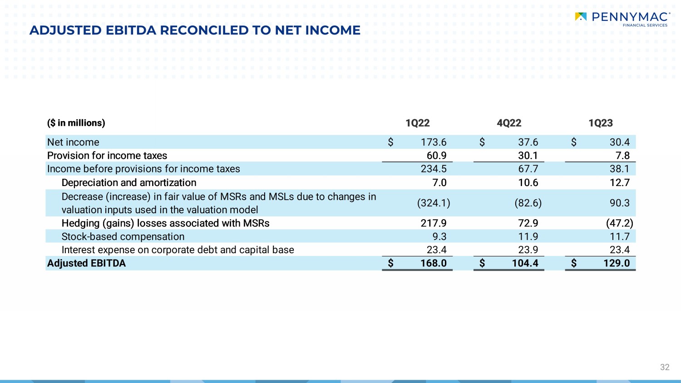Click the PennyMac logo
[622, 19]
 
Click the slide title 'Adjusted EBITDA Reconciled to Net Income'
[195, 30]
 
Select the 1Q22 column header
[417, 123]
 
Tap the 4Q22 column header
[509, 123]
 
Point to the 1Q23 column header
[600, 123]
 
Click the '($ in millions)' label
[76, 123]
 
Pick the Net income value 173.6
[433, 142]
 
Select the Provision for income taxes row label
[107, 156]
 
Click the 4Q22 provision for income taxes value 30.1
[528, 156]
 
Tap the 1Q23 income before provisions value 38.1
[619, 169]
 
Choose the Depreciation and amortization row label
[129, 182]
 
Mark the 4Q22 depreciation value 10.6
[528, 182]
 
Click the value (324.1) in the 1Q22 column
[434, 203]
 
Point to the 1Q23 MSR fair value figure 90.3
[619, 203]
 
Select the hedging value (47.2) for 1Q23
[619, 223]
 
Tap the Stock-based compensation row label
[123, 236]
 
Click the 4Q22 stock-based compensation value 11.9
[528, 236]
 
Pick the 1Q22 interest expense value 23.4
[436, 250]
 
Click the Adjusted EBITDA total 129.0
[616, 263]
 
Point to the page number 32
[665, 367]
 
